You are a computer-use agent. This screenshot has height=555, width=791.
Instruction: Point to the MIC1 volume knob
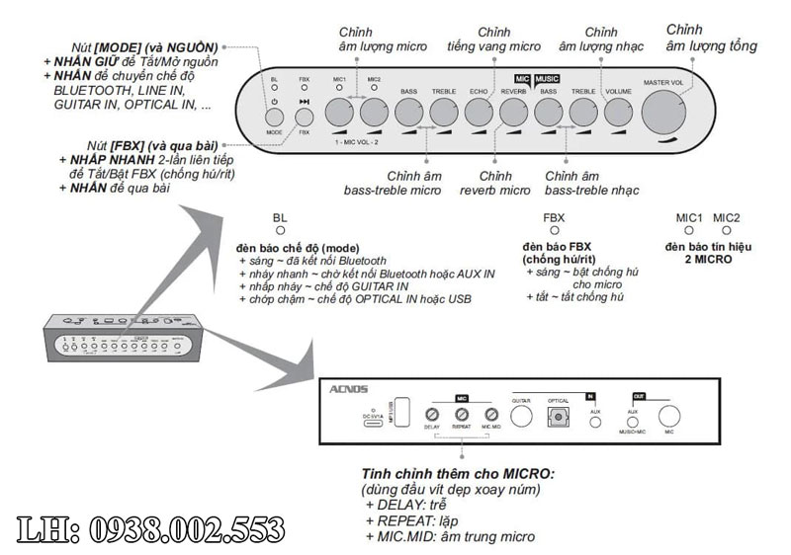tap(339, 111)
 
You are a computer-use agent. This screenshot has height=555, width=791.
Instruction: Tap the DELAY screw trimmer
tap(431, 415)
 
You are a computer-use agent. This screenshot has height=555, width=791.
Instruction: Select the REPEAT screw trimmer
tap(461, 415)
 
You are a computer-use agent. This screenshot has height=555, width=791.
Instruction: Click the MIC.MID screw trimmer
tap(490, 415)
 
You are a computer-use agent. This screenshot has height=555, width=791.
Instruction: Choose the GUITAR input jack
tap(522, 418)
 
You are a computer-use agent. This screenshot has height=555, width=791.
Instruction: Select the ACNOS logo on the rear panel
tap(349, 390)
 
